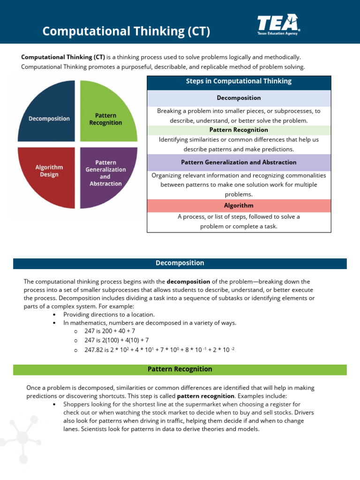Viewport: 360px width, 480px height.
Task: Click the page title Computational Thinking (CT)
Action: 126,31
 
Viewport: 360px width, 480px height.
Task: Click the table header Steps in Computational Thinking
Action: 239,81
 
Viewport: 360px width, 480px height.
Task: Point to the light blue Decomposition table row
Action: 239,98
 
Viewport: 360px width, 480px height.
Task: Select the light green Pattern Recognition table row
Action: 239,130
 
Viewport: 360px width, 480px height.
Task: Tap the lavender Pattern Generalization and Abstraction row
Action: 239,162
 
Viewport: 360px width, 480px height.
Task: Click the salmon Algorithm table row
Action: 239,205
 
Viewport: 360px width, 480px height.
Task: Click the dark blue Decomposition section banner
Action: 180,263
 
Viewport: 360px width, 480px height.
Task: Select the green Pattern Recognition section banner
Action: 180,369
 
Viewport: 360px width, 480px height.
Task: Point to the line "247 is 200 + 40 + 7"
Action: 110,331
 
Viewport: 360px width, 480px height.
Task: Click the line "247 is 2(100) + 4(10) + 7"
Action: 117,340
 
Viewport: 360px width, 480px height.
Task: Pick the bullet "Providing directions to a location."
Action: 109,314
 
